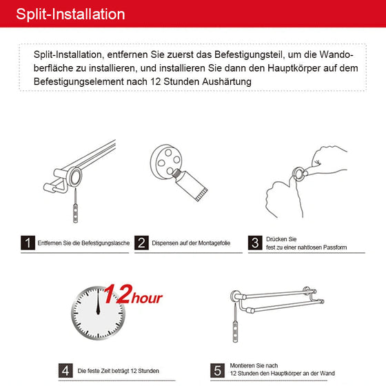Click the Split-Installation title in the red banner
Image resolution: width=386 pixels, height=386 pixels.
[70, 14]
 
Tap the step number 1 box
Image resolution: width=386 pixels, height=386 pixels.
[28, 243]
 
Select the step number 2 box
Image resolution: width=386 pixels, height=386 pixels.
[141, 243]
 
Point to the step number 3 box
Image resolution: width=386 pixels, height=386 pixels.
[254, 243]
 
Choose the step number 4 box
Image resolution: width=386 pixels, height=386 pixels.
[66, 369]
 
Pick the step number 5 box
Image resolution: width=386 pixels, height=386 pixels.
[216, 369]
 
